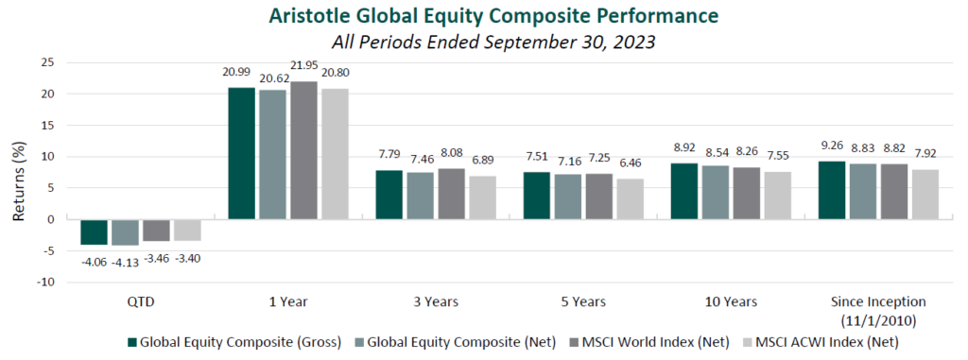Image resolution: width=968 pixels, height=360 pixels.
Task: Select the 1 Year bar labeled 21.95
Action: tap(304, 150)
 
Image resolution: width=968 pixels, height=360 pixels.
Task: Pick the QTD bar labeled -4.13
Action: tap(124, 231)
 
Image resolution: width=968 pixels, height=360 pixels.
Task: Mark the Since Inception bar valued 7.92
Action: tap(924, 195)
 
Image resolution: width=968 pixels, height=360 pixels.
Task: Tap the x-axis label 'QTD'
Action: tap(141, 302)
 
